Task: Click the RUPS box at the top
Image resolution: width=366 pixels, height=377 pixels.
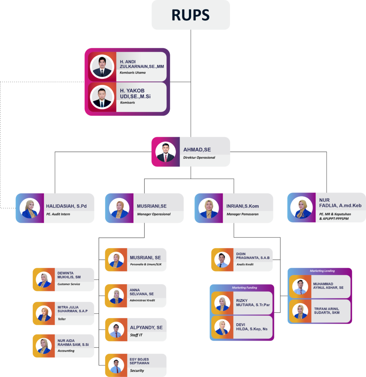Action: point(191,15)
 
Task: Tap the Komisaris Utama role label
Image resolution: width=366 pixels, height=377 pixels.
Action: point(133,73)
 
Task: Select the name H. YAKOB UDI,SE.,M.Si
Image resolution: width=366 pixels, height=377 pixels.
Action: point(135,94)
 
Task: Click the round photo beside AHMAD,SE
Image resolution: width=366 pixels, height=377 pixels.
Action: point(166,152)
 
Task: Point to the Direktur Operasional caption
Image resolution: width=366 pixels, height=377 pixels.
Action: point(199,158)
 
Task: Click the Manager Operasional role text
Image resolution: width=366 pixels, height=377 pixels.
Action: point(154,214)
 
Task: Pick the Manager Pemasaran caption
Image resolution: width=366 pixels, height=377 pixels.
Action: point(242,214)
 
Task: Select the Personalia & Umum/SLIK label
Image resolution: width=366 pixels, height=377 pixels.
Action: point(146,265)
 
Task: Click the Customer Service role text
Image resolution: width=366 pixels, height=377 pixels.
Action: point(69,284)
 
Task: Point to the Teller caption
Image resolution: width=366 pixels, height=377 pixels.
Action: point(62,319)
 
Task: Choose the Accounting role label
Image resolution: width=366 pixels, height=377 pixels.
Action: point(66,351)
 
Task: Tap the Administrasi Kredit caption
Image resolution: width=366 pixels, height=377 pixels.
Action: point(142,300)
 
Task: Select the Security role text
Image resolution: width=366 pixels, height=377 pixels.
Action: point(137,371)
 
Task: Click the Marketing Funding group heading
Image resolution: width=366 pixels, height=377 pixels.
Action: point(244,288)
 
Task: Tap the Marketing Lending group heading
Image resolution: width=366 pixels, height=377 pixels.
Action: point(322,271)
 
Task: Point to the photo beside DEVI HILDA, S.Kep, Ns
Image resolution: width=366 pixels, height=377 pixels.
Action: point(222,327)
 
